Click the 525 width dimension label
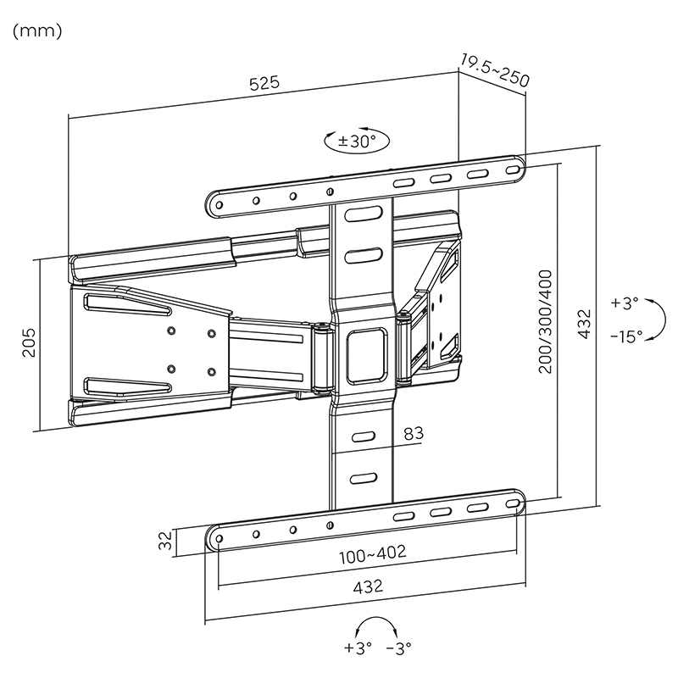point(264,83)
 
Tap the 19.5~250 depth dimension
point(494,70)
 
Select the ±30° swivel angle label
point(357,141)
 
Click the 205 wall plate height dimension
point(29,342)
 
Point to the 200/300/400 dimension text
point(545,322)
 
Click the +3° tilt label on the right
point(625,303)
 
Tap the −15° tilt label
point(626,336)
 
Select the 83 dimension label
point(414,433)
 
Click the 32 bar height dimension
point(165,541)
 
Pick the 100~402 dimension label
point(373,554)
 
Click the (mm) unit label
point(37,31)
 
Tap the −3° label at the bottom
point(398,647)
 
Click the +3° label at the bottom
point(358,647)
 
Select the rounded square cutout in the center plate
point(367,355)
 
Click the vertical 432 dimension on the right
point(584,324)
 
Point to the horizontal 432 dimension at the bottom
point(369,586)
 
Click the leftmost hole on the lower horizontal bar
point(219,539)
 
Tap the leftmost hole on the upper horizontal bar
point(219,205)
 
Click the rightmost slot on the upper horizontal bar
point(513,170)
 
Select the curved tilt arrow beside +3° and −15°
point(664,320)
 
